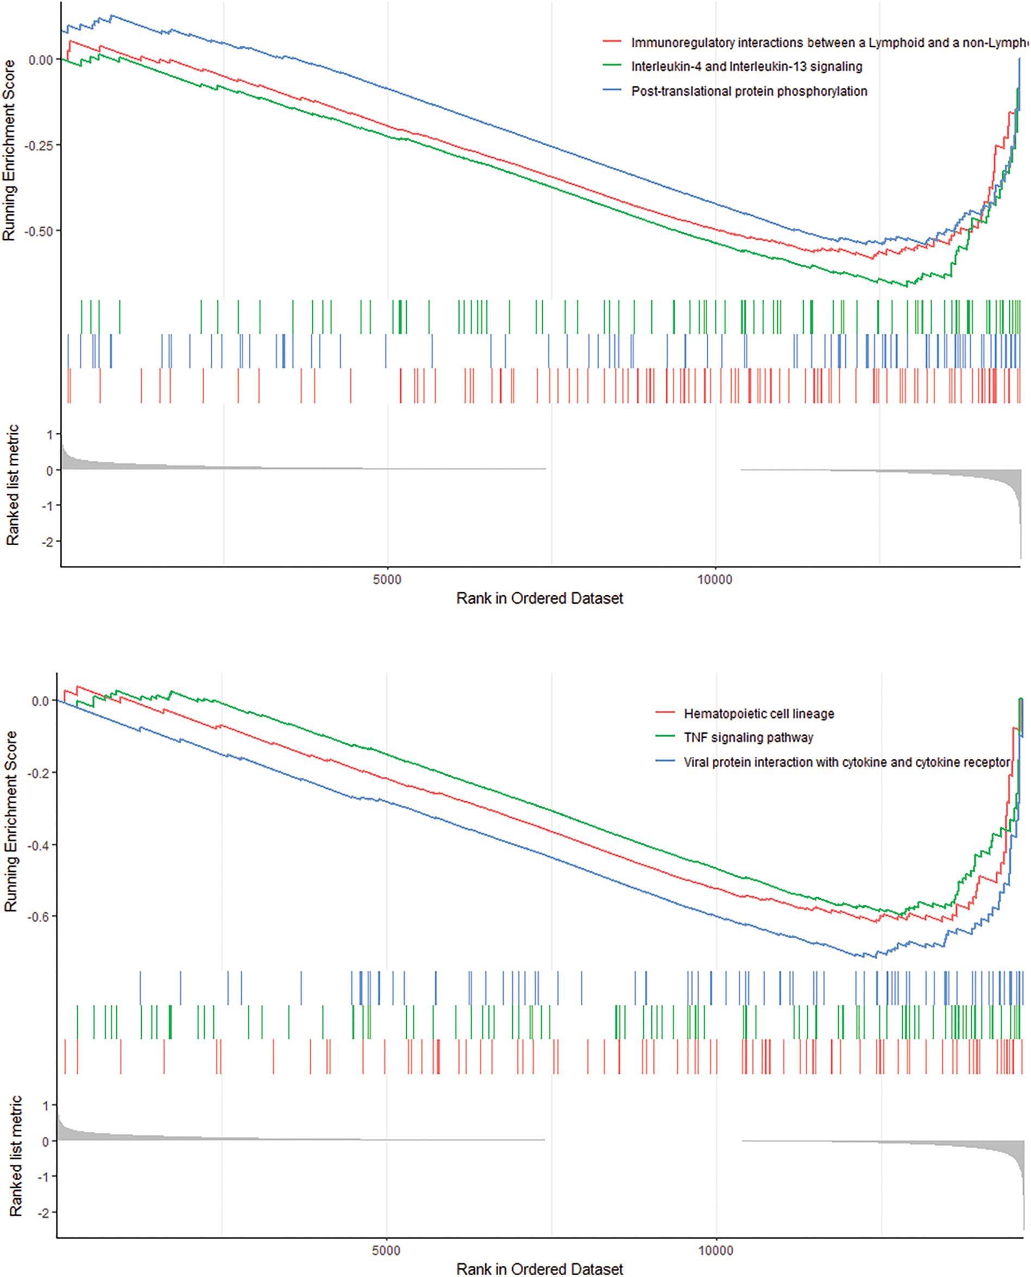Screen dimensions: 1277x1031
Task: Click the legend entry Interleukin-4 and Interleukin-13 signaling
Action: [746, 66]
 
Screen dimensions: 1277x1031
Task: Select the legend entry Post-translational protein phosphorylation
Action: [749, 91]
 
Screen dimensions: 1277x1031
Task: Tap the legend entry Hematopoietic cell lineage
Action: [758, 714]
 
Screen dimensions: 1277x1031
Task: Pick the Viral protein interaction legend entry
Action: [846, 762]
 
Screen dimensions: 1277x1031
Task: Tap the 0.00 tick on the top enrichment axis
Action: [40, 60]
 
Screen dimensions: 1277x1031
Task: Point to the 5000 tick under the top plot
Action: [387, 580]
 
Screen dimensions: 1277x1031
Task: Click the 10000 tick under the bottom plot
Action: [715, 1250]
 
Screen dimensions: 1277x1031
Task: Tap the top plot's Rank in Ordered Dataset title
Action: [539, 599]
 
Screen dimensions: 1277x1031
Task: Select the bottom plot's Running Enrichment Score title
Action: [11, 821]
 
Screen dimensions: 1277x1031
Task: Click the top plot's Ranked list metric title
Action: [12, 485]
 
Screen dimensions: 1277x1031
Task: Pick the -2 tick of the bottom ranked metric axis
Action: [44, 1212]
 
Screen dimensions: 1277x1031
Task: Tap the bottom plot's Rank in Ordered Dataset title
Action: [539, 1269]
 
